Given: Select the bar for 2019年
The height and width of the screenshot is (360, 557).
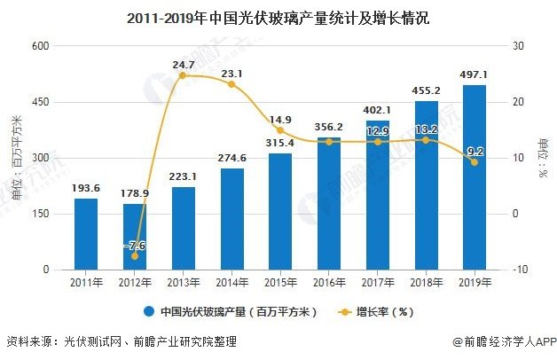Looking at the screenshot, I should point(474,177).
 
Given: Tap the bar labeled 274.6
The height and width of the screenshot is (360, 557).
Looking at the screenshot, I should point(231,218).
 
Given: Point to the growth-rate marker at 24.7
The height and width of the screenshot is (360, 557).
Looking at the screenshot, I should point(183,75).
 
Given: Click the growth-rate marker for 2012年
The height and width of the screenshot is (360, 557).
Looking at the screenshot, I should point(135,256).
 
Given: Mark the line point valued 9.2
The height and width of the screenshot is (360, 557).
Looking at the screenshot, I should point(474,162).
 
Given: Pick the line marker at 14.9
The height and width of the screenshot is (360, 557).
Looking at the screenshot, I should point(279,130).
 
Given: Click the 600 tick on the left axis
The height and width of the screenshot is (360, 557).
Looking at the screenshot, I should point(39,46).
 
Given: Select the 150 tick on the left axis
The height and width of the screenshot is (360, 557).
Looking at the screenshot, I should point(39,214).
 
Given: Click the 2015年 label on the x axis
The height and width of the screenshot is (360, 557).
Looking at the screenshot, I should point(279,283).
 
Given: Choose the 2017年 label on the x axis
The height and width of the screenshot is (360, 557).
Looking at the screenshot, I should point(377,283).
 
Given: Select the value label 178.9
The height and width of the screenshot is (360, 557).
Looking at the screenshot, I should point(135,192).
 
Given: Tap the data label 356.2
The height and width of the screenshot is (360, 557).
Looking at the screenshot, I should point(328,127).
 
